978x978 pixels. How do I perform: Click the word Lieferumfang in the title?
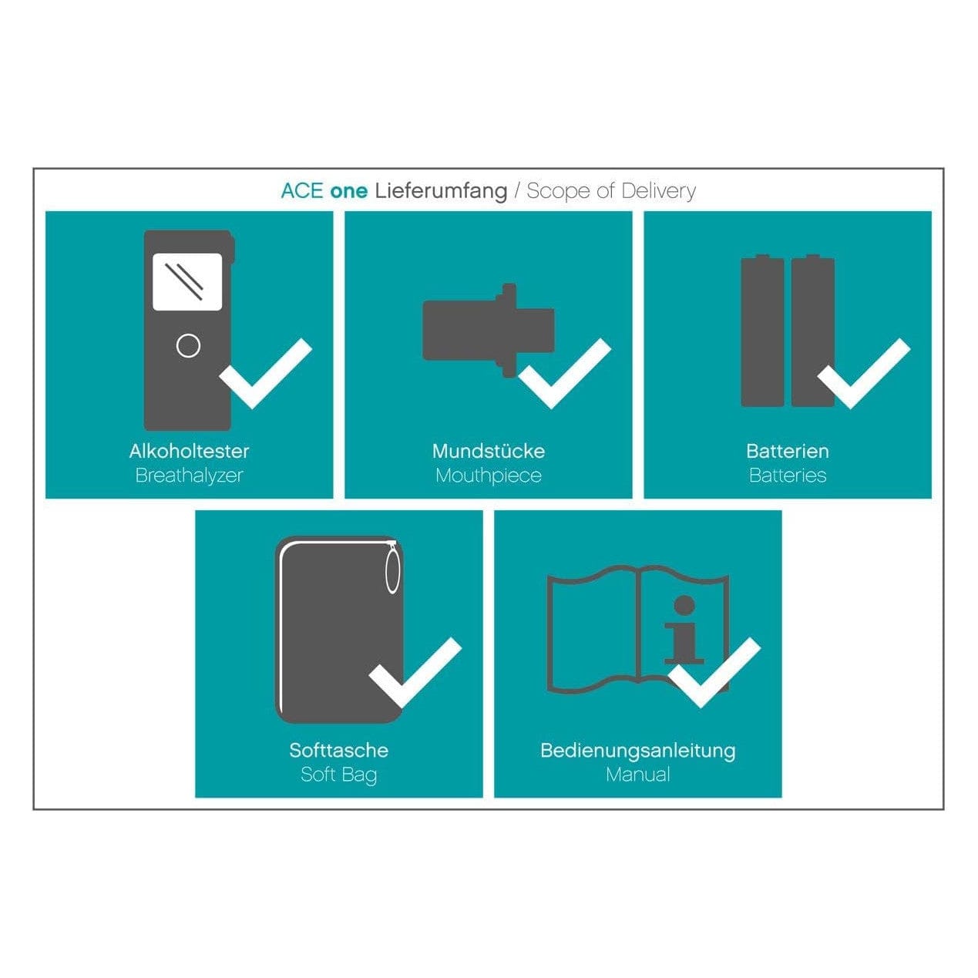441,192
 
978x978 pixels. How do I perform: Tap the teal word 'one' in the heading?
348,192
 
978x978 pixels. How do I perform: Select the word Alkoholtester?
190,451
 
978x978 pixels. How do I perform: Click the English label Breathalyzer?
190,476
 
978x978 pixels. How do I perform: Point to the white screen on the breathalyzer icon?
188,281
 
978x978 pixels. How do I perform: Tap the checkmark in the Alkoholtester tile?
265,373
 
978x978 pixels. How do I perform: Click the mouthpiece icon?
489,331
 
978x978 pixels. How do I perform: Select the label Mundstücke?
489,451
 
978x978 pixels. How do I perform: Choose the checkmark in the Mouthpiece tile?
565,373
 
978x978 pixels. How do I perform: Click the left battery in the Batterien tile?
762,331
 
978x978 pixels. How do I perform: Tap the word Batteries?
788,476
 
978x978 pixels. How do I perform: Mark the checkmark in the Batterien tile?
864,373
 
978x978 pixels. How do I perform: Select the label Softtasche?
338,750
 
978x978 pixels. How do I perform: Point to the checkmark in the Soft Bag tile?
415,673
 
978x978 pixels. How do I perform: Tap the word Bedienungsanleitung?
638,751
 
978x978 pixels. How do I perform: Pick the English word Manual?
638,775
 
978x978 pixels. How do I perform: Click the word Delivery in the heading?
658,192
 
